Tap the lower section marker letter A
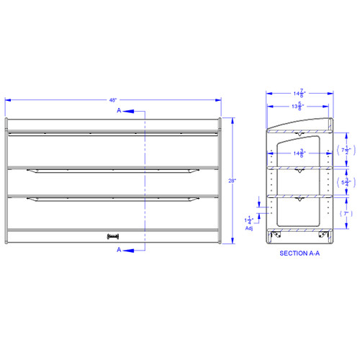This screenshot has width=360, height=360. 119,250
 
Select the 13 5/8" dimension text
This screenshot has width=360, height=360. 296,107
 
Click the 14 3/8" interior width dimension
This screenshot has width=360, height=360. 297,152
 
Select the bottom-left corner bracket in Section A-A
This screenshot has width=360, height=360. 275,236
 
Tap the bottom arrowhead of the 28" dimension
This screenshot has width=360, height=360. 233,243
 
